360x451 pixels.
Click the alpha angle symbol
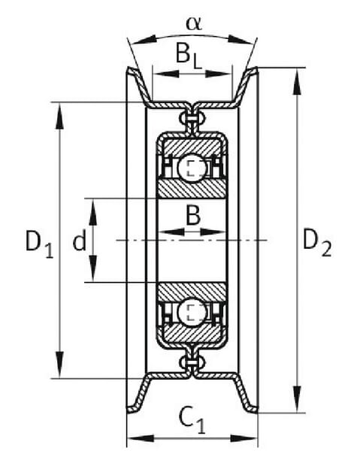[194, 23]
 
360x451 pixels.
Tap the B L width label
[189, 56]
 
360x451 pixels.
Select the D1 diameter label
[39, 244]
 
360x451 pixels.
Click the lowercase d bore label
[80, 241]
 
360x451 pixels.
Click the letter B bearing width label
[193, 215]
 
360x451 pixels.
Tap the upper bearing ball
[192, 168]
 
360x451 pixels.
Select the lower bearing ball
[192, 313]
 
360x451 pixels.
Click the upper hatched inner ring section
[192, 189]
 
